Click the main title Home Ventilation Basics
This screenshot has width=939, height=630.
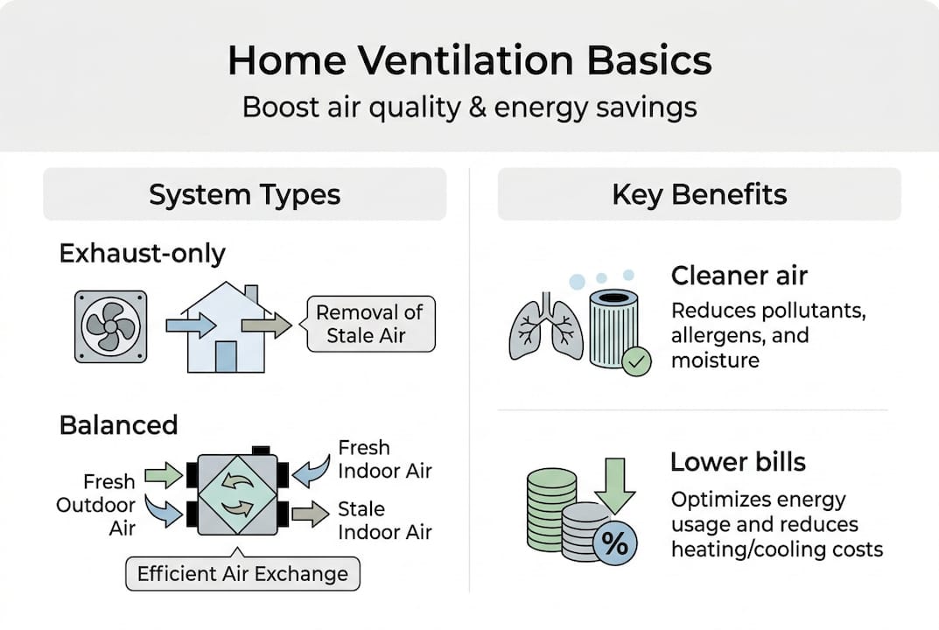pyautogui.click(x=469, y=62)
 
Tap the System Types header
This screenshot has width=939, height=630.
pyautogui.click(x=244, y=194)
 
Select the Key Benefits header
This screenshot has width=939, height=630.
pyautogui.click(x=699, y=194)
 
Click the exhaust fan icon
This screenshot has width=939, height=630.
pyautogui.click(x=110, y=326)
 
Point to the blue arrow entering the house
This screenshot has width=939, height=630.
pyautogui.click(x=191, y=325)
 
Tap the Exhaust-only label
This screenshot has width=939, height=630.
pyautogui.click(x=142, y=254)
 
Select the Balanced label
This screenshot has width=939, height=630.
pyautogui.click(x=118, y=425)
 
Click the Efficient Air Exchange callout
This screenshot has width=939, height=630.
pyautogui.click(x=242, y=575)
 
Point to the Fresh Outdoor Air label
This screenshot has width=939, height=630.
pyautogui.click(x=96, y=505)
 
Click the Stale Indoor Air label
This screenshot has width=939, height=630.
pyautogui.click(x=384, y=520)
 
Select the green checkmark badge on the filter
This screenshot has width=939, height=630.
pyautogui.click(x=635, y=360)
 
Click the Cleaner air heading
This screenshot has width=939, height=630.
pyautogui.click(x=739, y=276)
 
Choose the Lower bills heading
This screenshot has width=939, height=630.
pyautogui.click(x=737, y=462)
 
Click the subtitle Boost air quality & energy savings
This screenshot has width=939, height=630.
pyautogui.click(x=469, y=107)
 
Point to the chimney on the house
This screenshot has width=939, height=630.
pyautogui.click(x=251, y=296)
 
